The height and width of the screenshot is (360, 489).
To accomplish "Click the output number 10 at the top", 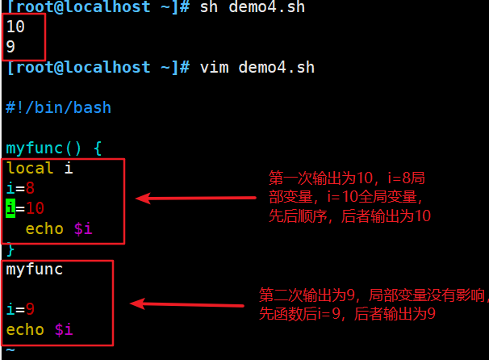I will (x=15, y=27).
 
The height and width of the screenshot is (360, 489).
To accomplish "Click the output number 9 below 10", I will (x=10, y=47).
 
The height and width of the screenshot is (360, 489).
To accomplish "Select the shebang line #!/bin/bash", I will (x=58, y=107).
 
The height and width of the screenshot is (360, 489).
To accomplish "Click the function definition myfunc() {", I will (x=54, y=149).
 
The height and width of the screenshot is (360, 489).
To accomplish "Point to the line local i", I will (x=40, y=169).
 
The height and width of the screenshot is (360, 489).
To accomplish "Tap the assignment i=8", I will (x=20, y=189).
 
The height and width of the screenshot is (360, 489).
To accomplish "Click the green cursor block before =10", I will (x=10, y=209).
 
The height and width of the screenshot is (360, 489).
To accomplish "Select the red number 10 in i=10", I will (x=35, y=209).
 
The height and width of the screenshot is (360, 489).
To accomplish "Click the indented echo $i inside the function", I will (x=59, y=229).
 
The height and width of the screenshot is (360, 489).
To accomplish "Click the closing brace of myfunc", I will (x=10, y=249).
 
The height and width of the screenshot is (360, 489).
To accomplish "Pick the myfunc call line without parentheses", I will (x=35, y=270).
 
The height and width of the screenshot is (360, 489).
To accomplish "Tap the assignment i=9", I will (x=20, y=310).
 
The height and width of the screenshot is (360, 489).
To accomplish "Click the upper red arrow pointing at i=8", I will (x=198, y=197).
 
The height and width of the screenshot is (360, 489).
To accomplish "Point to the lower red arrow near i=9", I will (x=187, y=304).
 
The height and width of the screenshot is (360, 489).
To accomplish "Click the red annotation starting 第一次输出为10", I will (x=350, y=196).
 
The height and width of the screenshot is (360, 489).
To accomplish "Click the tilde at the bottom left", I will (x=10, y=350).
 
